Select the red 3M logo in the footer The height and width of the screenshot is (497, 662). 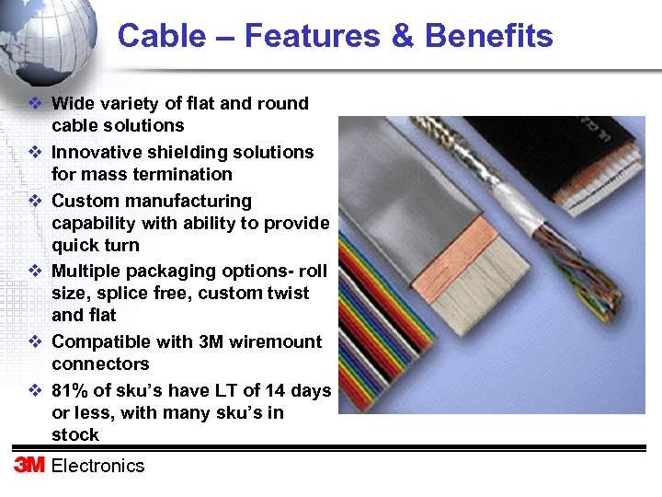(x=29, y=465)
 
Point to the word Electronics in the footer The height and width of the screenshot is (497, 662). (x=98, y=466)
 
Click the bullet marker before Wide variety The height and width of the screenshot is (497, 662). (x=34, y=104)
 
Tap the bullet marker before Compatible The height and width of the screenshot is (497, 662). (x=34, y=342)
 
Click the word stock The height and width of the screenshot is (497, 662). (x=75, y=434)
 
